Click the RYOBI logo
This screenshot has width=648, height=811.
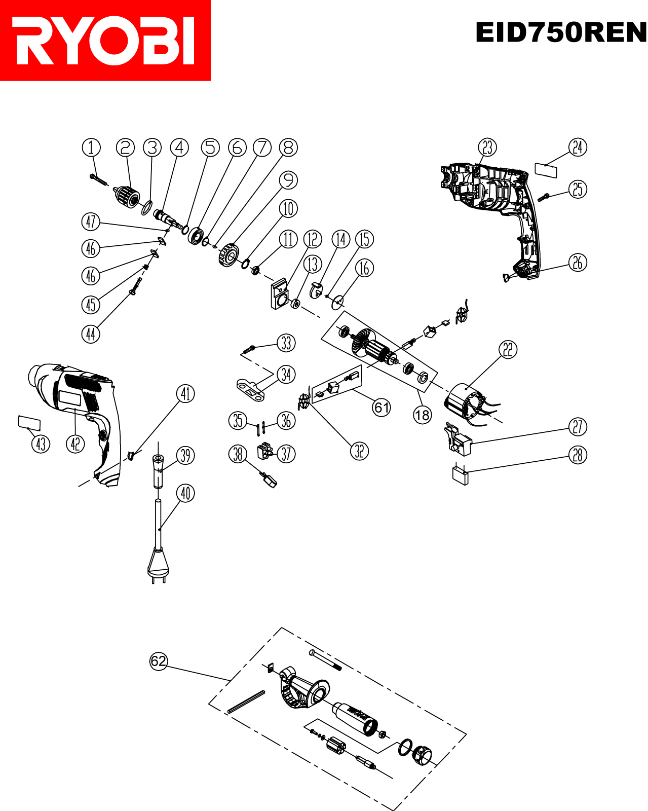click(105, 41)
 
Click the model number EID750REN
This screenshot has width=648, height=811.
click(561, 32)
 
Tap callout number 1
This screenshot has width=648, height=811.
click(91, 148)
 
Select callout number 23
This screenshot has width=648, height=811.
click(487, 147)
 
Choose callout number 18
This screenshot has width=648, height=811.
click(423, 415)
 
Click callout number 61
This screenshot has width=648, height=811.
click(382, 408)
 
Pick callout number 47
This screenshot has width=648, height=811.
click(91, 222)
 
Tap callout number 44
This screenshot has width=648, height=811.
click(91, 334)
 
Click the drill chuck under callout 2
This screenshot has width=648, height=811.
click(127, 196)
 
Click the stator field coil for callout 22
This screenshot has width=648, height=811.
click(471, 405)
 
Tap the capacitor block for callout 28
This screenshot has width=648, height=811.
click(461, 475)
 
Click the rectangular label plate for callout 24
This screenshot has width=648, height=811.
click(546, 170)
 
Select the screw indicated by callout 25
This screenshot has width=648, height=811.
click(543, 197)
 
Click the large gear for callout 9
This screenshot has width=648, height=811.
click(228, 255)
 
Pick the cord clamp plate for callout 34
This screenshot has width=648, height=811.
click(250, 390)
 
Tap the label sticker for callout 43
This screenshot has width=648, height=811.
click(29, 423)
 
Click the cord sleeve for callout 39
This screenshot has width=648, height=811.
click(158, 471)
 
